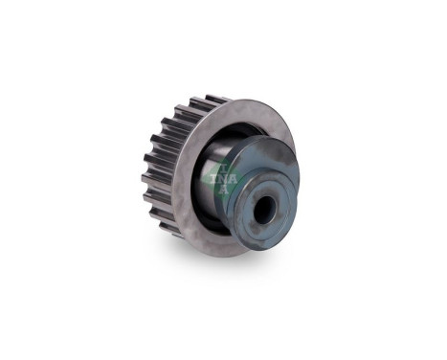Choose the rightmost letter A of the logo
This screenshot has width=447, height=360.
point(233,175)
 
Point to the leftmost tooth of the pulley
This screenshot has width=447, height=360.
point(146,178)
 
